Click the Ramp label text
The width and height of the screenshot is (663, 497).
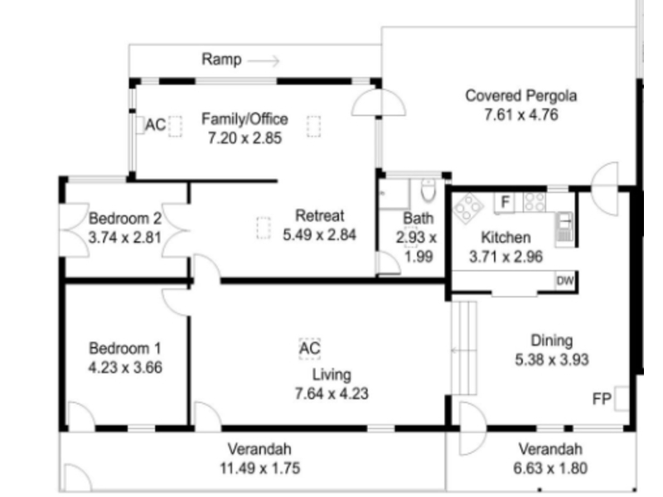coord(221,60)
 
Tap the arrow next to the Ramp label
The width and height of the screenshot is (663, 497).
coord(264,60)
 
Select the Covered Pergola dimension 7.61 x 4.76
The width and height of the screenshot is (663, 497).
coord(520,114)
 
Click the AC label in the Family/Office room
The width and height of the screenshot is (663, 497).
coord(155,125)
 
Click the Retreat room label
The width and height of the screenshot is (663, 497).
coord(319,217)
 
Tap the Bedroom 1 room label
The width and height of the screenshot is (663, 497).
coord(125,348)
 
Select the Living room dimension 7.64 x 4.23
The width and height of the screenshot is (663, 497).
coord(331,393)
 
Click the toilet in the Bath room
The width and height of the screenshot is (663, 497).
coord(428,192)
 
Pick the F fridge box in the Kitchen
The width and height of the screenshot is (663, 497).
coord(504,201)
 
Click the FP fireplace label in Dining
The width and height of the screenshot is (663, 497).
coord(602,399)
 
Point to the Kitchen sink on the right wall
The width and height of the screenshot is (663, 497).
coord(565,225)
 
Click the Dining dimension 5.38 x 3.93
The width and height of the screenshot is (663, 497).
coord(551,359)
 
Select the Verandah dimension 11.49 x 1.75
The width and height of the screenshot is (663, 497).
coord(260,468)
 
